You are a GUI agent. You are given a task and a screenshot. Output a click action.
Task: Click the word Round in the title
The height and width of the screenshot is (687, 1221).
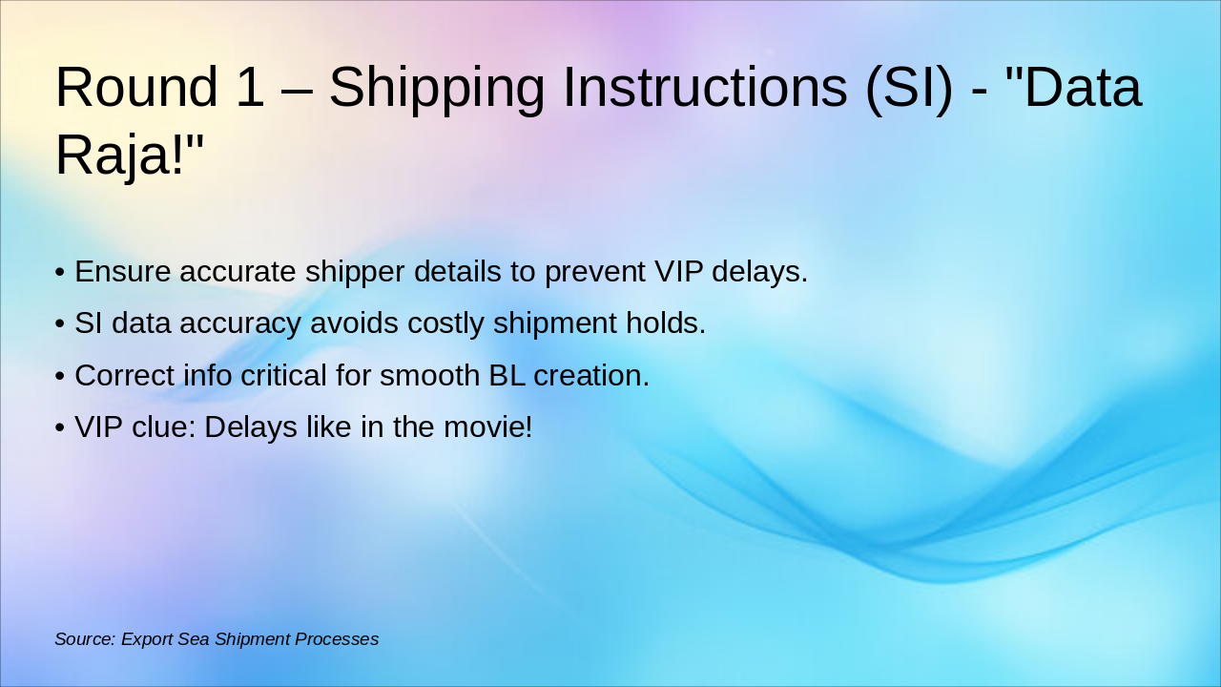[136, 87]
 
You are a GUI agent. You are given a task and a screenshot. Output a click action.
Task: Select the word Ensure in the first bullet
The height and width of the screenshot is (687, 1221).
[123, 272]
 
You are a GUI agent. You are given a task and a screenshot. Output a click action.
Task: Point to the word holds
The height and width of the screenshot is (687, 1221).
[666, 323]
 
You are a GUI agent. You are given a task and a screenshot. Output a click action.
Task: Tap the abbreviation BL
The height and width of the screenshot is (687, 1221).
[507, 376]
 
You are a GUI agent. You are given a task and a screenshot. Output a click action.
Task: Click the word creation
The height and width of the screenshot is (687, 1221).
[591, 376]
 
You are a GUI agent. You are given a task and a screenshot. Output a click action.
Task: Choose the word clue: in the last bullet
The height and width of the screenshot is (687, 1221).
[163, 427]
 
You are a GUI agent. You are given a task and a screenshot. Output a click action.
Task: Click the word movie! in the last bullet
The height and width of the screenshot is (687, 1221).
[487, 427]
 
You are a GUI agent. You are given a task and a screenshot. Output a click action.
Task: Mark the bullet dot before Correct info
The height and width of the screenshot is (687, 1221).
[60, 376]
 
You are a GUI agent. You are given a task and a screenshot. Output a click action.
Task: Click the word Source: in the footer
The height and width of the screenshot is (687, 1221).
[86, 639]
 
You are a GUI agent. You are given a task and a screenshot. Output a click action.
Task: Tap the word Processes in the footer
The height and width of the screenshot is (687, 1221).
[337, 639]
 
